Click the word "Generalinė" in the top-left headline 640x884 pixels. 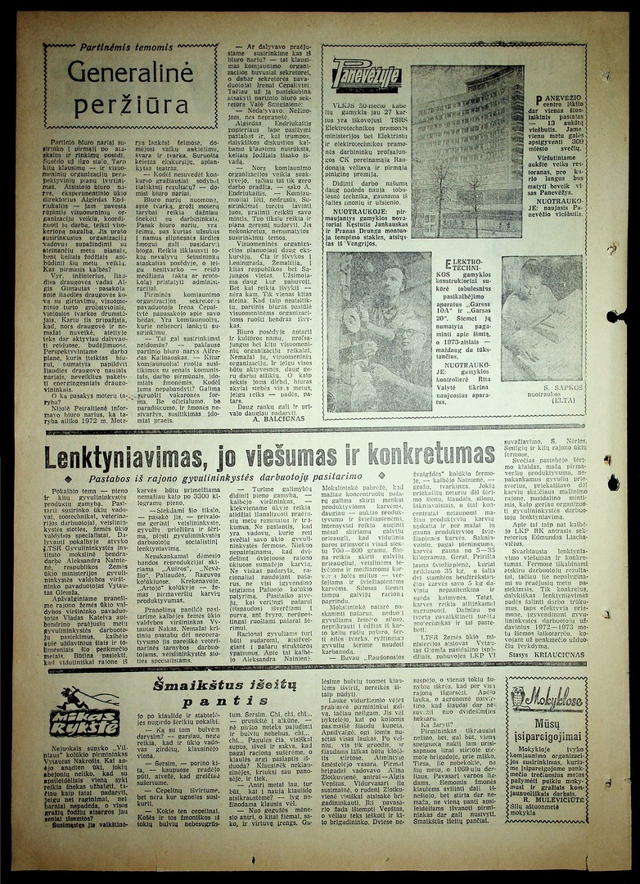point(118,76)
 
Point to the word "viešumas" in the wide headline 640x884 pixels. point(307,456)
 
